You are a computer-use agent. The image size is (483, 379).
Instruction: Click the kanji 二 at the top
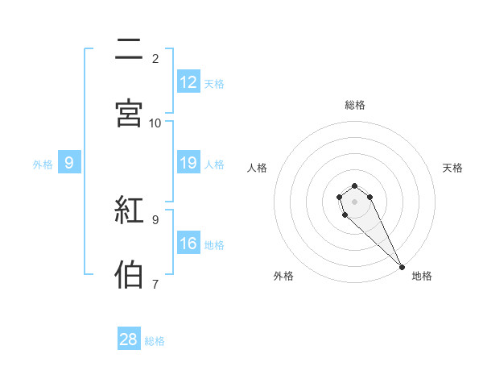click(129, 50)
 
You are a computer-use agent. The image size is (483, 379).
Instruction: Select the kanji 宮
click(129, 114)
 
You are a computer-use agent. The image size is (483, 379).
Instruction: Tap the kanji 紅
click(129, 210)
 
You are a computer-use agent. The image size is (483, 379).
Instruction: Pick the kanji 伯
click(129, 274)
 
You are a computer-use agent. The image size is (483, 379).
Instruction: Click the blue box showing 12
click(188, 82)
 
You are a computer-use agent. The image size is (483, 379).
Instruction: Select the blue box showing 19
click(188, 163)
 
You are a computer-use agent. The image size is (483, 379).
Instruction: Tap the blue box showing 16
click(188, 244)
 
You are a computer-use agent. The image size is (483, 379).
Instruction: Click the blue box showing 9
click(69, 163)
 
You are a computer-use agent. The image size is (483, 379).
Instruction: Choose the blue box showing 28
click(129, 339)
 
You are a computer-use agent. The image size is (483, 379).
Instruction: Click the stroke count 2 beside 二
click(155, 59)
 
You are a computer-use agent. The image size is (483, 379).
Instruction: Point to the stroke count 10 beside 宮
click(155, 123)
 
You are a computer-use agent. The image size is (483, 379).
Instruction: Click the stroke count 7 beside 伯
click(155, 284)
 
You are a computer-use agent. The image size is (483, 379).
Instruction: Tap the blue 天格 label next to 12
click(214, 83)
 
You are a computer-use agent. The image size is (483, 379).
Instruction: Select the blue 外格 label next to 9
click(43, 164)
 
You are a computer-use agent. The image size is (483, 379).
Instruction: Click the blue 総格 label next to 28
click(155, 340)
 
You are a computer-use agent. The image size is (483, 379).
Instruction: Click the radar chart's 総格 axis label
click(355, 105)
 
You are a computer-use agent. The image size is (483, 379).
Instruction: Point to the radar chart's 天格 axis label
click(453, 168)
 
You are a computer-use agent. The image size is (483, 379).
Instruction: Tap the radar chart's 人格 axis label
click(258, 168)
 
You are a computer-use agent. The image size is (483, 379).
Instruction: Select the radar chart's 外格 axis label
click(283, 276)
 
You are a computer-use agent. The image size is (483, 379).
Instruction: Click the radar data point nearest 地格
click(402, 267)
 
